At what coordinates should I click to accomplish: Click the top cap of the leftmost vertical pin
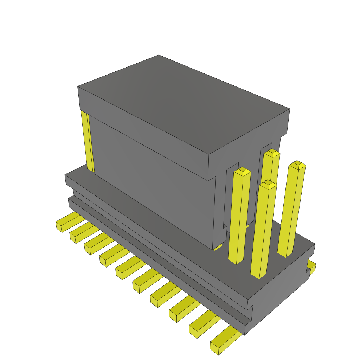click(242, 172)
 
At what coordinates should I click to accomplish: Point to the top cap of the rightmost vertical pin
click(297, 165)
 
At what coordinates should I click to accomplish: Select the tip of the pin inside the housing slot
click(271, 153)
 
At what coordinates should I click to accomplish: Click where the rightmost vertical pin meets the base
click(285, 253)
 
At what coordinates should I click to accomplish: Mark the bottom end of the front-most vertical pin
click(259, 276)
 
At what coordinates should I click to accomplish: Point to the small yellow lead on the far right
click(311, 266)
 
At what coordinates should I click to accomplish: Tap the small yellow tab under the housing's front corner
click(218, 247)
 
